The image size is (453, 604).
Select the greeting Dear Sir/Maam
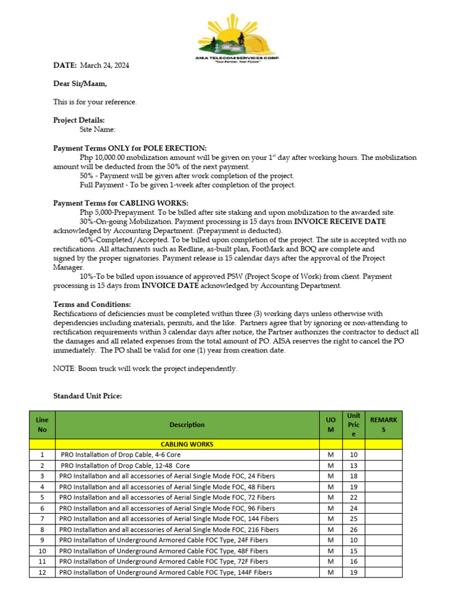[80, 84]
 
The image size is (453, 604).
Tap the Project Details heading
[79, 120]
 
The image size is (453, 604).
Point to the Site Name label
[97, 129]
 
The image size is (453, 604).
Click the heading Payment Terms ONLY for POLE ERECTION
[130, 148]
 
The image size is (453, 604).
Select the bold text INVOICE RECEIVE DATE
[340, 221]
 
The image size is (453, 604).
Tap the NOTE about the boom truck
[145, 369]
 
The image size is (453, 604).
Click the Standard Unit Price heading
[87, 396]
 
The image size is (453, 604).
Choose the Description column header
[187, 425]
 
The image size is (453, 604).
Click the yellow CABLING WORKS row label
[187, 444]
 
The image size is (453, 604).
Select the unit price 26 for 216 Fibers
[354, 530]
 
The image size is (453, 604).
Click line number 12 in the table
[42, 572]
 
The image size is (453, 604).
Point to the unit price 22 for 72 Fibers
[354, 497]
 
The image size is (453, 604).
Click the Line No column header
[42, 425]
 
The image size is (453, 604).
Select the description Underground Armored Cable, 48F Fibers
[163, 551]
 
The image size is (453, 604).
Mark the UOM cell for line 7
[331, 519]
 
